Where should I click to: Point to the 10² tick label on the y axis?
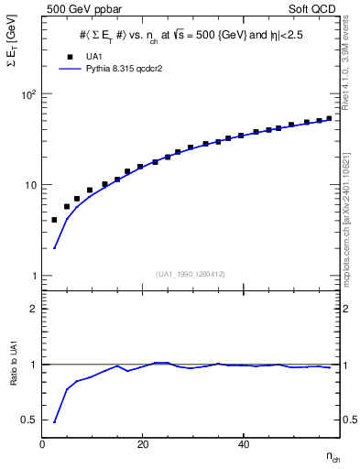27,94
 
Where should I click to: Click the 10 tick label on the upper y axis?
29,185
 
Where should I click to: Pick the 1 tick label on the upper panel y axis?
33,276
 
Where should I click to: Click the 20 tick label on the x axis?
142,444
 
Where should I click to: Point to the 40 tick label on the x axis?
242,444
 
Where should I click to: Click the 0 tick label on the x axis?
43,444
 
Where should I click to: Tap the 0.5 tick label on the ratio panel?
28,420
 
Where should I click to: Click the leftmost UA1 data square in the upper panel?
54,220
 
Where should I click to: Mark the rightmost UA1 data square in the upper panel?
329,117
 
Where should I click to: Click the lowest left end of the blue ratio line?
54,422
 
